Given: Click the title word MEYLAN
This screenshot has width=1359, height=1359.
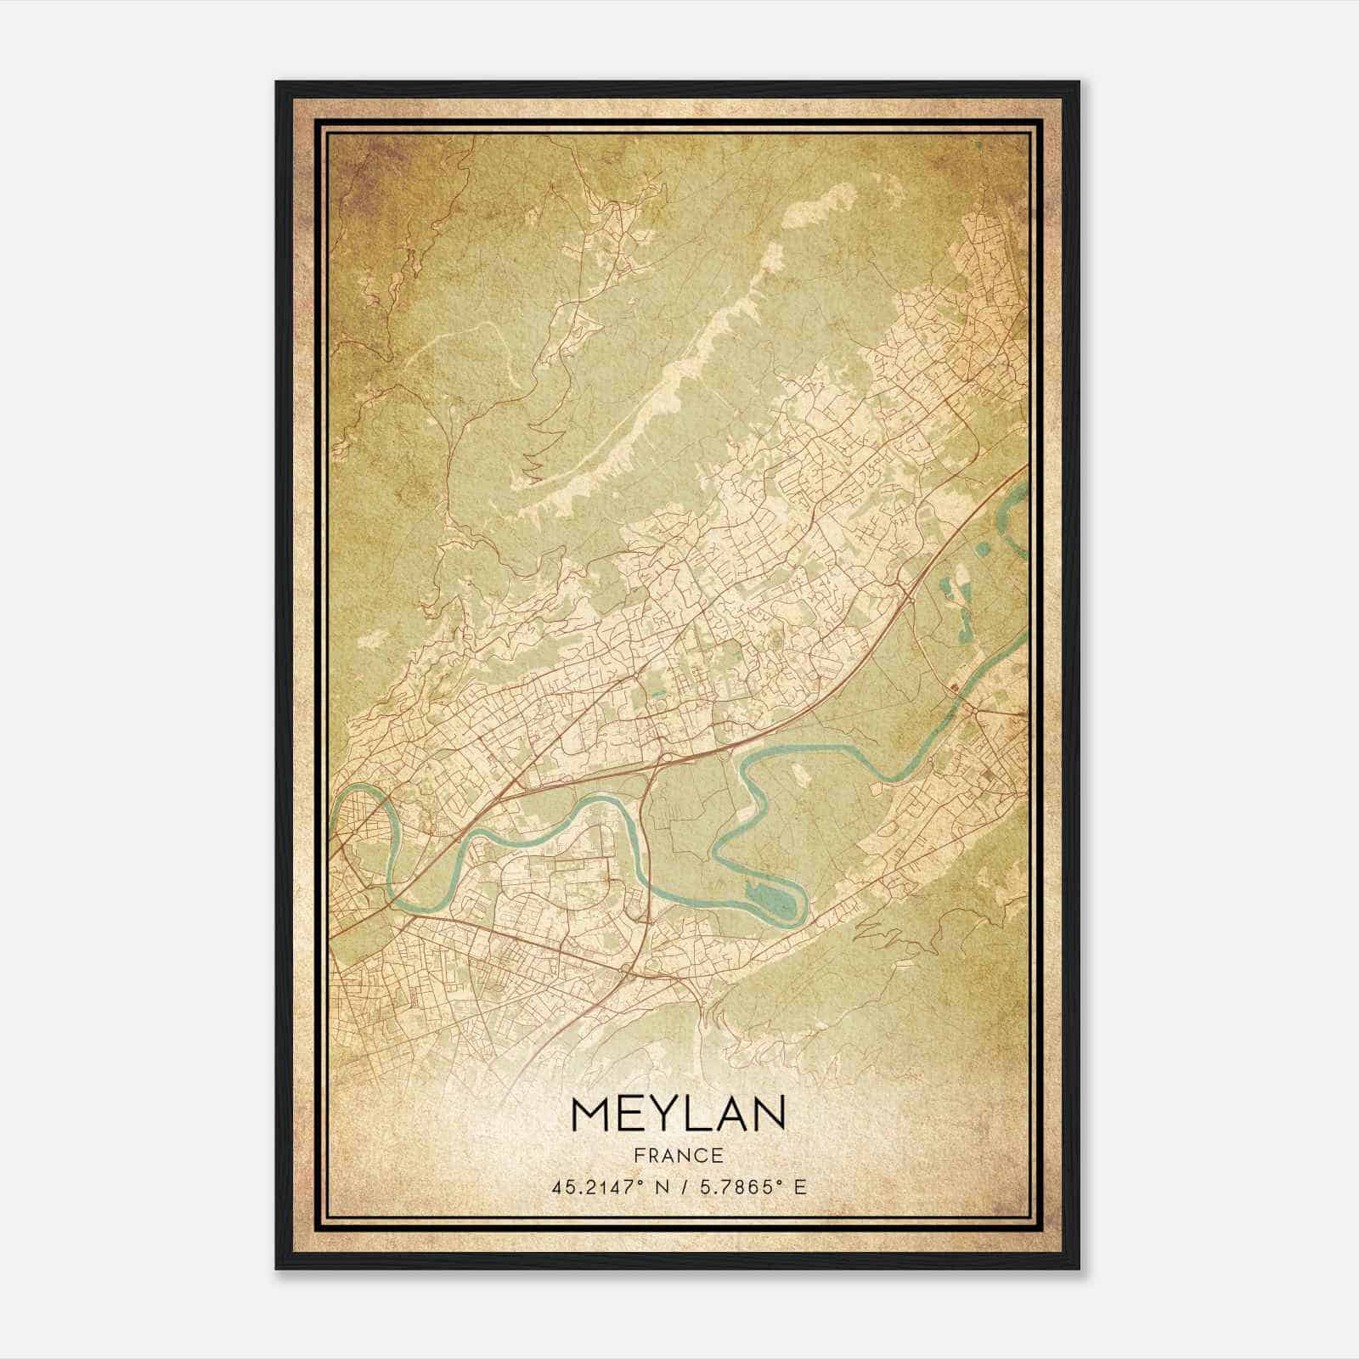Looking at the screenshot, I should click(x=679, y=1115).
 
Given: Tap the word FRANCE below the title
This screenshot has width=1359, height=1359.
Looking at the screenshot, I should click(x=679, y=1156).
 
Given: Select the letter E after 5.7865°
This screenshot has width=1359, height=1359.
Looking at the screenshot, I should click(x=799, y=1187).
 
